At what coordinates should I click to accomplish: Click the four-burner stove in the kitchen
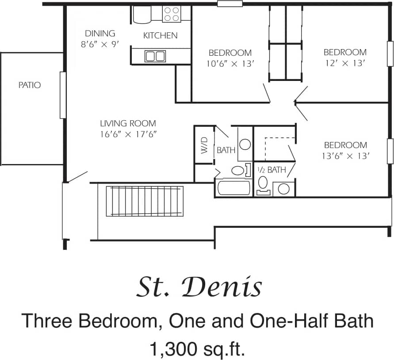pyautogui.click(x=172, y=14)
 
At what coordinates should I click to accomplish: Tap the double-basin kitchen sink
pyautogui.click(x=155, y=56)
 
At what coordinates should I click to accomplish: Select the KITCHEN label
pyautogui.click(x=160, y=35)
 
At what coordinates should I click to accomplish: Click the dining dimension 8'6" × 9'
pyautogui.click(x=100, y=44)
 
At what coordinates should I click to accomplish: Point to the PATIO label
pyautogui.click(x=30, y=85)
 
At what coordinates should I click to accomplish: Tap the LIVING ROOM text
pyautogui.click(x=128, y=123)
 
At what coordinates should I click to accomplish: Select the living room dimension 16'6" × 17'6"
pyautogui.click(x=128, y=134)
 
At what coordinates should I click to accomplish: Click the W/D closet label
pyautogui.click(x=204, y=145)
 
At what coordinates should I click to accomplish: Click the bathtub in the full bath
pyautogui.click(x=234, y=188)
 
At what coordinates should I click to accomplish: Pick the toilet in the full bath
pyautogui.click(x=239, y=170)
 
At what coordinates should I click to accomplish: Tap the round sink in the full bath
pyautogui.click(x=245, y=144)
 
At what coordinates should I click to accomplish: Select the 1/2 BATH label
pyautogui.click(x=272, y=169)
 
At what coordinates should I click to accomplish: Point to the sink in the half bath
pyautogui.click(x=283, y=189)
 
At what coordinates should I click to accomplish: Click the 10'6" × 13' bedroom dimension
pyautogui.click(x=230, y=63)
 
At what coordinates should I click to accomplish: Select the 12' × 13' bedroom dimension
pyautogui.click(x=344, y=63)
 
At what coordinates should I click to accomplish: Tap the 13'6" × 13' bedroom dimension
pyautogui.click(x=345, y=156)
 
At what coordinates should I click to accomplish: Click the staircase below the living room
pyautogui.click(x=145, y=201)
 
